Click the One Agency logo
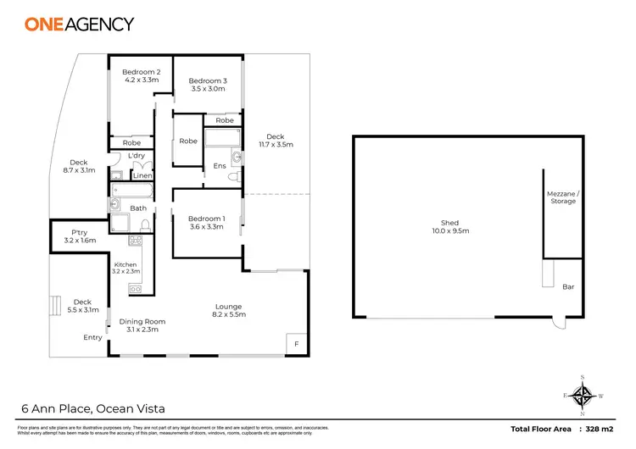click(x=80, y=24)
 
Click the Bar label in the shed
click(x=568, y=287)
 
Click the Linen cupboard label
click(x=142, y=175)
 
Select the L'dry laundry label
click(x=136, y=157)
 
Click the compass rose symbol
click(x=583, y=395)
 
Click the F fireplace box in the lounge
click(x=296, y=344)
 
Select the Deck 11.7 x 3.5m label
click(x=276, y=141)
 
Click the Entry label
click(x=92, y=337)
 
